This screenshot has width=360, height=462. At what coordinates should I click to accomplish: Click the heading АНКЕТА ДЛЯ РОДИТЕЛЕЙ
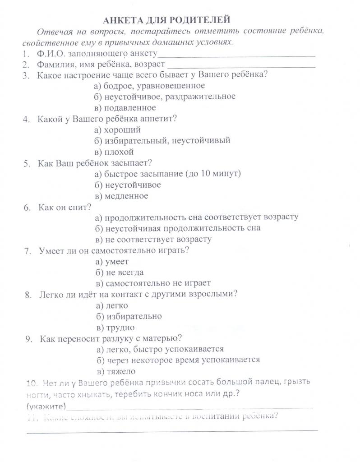point(167,20)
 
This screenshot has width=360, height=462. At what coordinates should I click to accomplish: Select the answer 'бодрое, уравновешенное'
point(149,86)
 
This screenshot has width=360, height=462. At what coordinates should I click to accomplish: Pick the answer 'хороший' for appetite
point(119,130)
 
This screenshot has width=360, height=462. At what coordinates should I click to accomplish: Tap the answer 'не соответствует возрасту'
point(153,240)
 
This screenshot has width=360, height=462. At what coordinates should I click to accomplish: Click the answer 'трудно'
point(115,328)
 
